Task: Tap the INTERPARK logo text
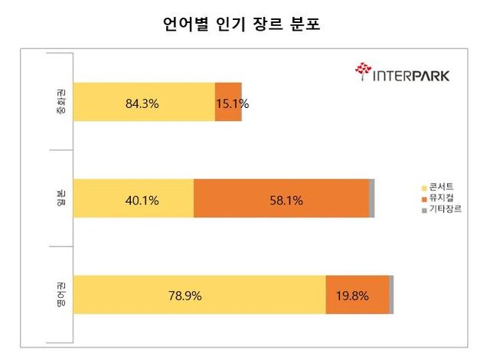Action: pos(410,75)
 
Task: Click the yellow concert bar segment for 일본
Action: pos(134,199)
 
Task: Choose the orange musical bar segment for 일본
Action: pos(281,199)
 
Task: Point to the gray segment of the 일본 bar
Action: pos(372,199)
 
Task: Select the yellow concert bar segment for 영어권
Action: pos(199,295)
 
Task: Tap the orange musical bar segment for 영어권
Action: pos(357,295)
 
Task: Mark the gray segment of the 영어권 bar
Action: pos(391,295)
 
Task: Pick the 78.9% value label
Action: pos(185,296)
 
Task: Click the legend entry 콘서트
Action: pos(443,187)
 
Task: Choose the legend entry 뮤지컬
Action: pos(443,198)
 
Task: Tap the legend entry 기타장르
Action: pos(446,208)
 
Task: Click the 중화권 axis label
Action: pos(61,103)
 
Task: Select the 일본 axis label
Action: pos(61,198)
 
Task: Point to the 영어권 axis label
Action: pos(61,295)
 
